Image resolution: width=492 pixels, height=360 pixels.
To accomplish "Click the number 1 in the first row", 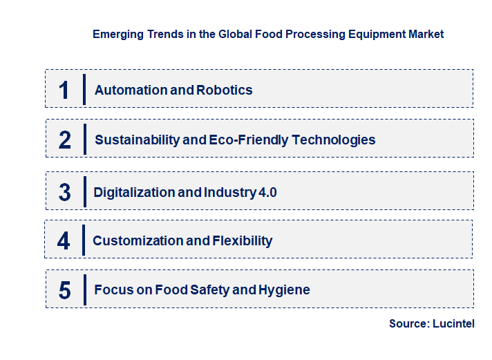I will coord(64,90).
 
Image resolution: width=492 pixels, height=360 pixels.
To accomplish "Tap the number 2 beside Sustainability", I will coord(65,140).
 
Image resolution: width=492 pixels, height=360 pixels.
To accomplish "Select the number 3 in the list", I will coord(65,192).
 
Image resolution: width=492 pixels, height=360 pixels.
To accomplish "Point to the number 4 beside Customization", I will coord(64,241).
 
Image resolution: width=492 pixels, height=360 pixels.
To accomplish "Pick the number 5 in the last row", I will coord(65,290).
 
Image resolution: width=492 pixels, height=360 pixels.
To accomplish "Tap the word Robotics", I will coord(225,90).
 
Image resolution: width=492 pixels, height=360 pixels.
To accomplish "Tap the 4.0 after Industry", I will coord(267,192).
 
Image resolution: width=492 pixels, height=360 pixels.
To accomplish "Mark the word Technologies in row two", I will coord(334,140).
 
